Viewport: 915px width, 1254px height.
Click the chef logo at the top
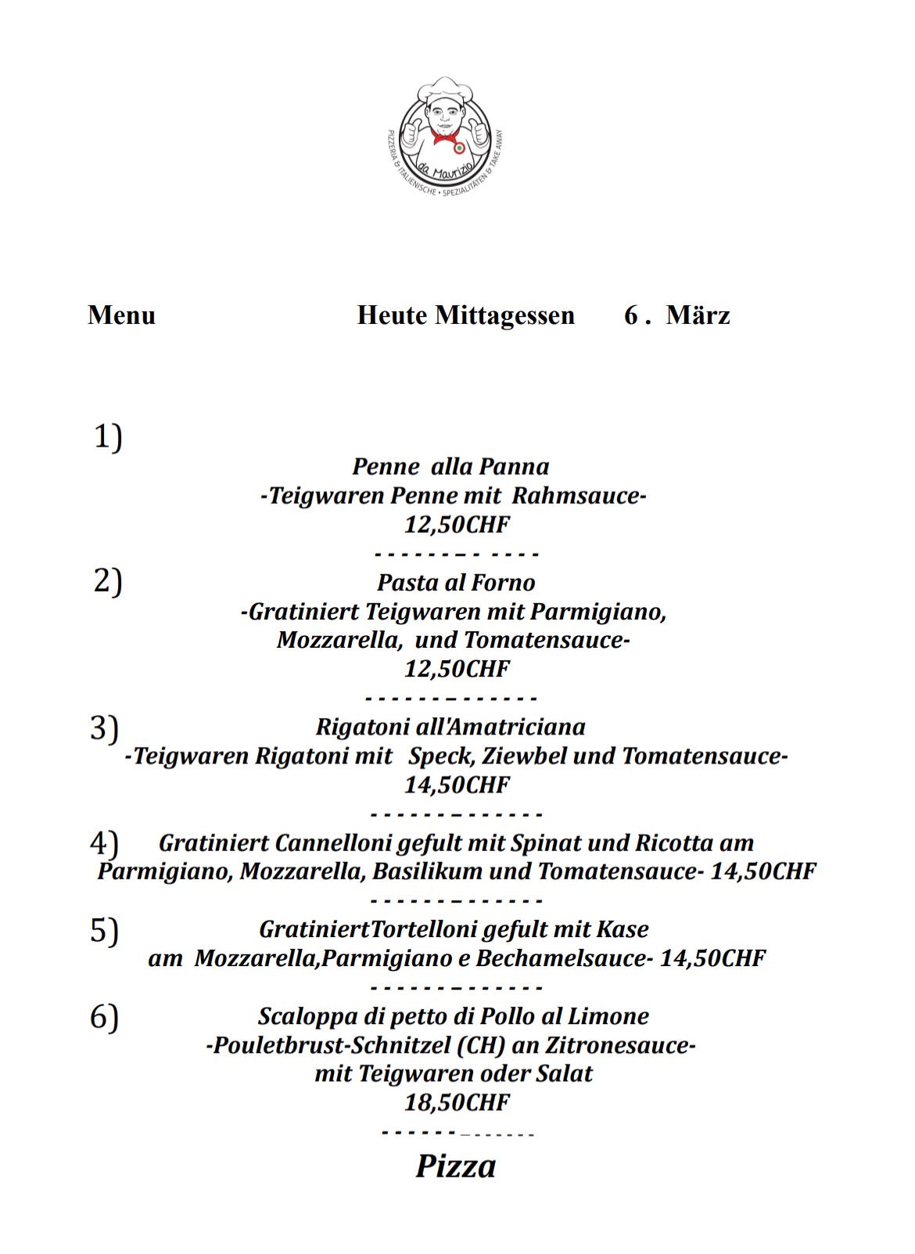[x=446, y=136]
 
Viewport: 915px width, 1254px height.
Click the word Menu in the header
[x=121, y=315]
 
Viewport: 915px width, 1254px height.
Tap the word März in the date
[x=698, y=315]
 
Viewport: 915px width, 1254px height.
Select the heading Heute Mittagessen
[x=465, y=315]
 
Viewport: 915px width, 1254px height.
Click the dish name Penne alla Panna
[x=450, y=467]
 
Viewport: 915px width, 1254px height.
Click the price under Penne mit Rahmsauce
[x=457, y=524]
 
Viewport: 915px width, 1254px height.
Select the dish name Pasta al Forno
[x=456, y=583]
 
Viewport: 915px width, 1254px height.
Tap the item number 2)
[x=108, y=581]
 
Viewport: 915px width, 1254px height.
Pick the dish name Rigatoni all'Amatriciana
[x=450, y=727]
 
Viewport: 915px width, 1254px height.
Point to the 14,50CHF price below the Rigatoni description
[x=457, y=785]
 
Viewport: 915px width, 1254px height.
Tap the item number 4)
[x=104, y=843]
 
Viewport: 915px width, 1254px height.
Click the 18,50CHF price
[x=457, y=1103]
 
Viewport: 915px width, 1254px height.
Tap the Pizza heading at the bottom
[x=455, y=1166]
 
